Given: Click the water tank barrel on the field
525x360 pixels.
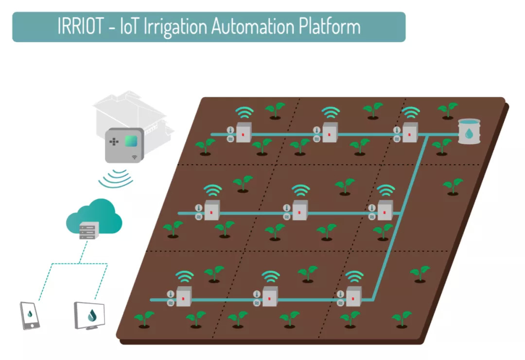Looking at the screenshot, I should tap(469, 131).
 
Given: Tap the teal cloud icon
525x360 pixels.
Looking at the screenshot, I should tap(94, 217).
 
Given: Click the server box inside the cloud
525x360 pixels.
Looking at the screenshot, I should tap(89, 230).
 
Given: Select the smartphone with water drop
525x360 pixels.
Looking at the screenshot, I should tap(30, 315).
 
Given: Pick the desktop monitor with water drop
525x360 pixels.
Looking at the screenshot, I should tap(90, 316).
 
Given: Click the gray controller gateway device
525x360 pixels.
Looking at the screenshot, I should tap(124, 145).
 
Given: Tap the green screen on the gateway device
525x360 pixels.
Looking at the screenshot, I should tap(131, 141).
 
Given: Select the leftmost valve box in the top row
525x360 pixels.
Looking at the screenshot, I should tap(243, 133).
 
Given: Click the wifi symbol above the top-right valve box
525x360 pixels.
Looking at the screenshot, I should tap(411, 113).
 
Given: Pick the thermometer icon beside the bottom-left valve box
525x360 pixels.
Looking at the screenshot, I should tap(171, 294).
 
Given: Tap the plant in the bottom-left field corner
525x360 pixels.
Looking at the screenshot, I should tap(144, 319).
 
